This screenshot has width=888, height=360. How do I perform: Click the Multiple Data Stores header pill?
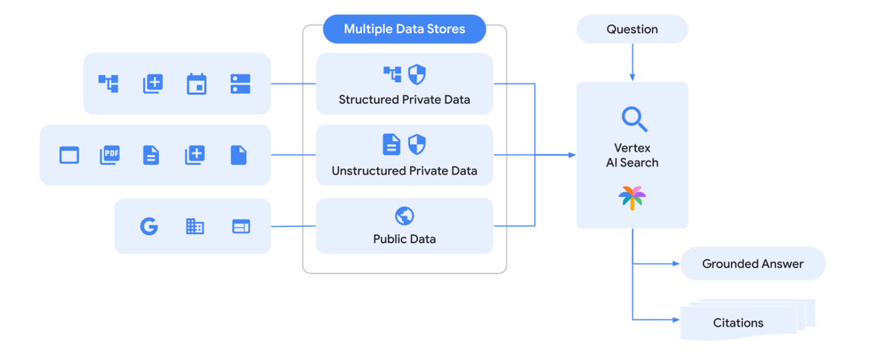click(404, 29)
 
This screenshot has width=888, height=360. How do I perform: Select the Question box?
click(632, 29)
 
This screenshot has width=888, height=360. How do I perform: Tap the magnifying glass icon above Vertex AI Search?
click(634, 119)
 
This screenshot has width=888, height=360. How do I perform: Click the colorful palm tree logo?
click(632, 198)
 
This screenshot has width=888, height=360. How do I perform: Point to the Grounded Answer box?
click(753, 264)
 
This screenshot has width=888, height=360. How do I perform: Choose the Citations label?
click(738, 322)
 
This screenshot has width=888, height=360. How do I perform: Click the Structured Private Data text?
click(404, 100)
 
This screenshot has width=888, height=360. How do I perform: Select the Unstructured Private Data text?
click(404, 171)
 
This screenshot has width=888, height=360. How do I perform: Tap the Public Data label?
click(404, 239)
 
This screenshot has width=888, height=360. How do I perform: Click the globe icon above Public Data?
click(404, 216)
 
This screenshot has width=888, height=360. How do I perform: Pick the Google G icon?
click(149, 226)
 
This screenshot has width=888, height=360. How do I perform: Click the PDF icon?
click(109, 155)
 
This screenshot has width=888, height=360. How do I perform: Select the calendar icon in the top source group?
click(197, 84)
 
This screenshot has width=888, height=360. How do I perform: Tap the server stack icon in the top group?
click(240, 84)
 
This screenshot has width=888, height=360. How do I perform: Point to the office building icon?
click(195, 226)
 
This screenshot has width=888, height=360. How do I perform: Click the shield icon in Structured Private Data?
click(417, 74)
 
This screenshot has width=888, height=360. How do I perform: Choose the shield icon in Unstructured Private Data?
click(417, 144)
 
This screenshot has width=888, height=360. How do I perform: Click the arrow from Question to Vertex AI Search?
click(633, 63)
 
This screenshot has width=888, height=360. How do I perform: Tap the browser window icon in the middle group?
click(69, 155)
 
